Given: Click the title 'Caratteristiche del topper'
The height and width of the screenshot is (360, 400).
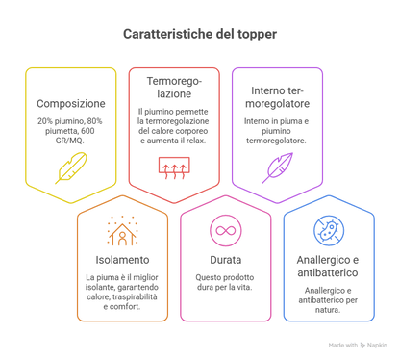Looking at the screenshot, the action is [x=200, y=34].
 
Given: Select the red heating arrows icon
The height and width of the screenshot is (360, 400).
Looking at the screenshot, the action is [x=174, y=167].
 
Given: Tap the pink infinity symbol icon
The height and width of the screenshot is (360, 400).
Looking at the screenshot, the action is [x=226, y=231].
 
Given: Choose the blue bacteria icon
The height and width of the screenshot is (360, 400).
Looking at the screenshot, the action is [x=329, y=231].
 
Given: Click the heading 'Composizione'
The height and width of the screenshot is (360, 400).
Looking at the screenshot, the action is [x=71, y=104].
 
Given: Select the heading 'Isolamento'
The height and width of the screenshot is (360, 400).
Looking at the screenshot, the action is [x=122, y=260].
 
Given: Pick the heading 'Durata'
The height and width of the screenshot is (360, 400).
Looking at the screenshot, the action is [x=226, y=260].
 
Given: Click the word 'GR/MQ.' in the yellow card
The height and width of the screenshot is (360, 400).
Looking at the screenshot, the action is [x=70, y=141].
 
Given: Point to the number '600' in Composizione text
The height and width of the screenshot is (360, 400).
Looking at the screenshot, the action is [x=87, y=131].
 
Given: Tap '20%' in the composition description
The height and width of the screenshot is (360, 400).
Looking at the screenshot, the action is [x=44, y=121].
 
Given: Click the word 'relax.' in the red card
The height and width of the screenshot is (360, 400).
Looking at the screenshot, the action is [x=195, y=141].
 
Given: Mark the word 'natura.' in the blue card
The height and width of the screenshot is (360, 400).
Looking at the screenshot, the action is [x=328, y=310].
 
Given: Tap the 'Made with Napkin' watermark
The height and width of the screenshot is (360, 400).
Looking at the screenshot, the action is [x=358, y=346].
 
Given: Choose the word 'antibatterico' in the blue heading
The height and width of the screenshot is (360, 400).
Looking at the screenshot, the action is [x=328, y=272].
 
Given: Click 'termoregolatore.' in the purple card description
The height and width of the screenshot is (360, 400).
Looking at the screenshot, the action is [x=276, y=141].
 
